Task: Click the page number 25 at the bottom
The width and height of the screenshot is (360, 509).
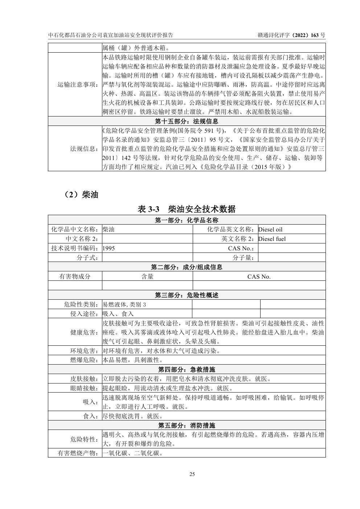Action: pos(192,474)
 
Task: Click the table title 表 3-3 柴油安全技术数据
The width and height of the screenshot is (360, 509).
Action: pos(187,209)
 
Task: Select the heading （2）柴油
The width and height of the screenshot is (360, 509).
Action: pos(79,195)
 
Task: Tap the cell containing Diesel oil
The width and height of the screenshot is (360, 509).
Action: pos(270,229)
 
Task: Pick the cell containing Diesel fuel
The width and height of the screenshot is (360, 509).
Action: pos(272,239)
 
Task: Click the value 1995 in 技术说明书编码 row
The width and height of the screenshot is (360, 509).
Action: pos(109,248)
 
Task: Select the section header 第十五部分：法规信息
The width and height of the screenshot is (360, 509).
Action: pos(187,121)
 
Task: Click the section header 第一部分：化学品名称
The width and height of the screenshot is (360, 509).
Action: pos(187,220)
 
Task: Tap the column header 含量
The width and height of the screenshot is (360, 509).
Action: pos(147,276)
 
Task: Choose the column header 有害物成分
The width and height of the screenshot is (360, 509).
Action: pos(75,276)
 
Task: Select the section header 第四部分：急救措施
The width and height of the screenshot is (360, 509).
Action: pos(187,369)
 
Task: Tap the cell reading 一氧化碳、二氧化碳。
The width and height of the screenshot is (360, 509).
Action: pos(132,453)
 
